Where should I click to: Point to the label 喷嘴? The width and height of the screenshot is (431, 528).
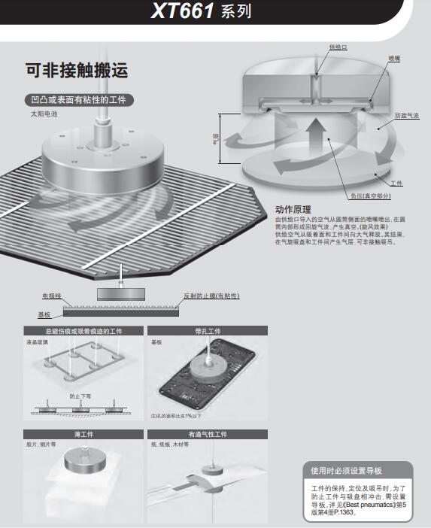point(394,57)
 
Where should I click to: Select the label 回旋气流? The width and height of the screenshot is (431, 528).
point(407,116)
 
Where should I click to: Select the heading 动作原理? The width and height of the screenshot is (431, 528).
point(293,209)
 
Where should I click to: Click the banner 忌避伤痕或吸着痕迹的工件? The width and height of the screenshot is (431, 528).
point(83,331)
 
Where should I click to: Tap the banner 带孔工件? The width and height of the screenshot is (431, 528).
point(207,331)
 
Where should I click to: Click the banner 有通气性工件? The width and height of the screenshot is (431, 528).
point(207,434)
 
